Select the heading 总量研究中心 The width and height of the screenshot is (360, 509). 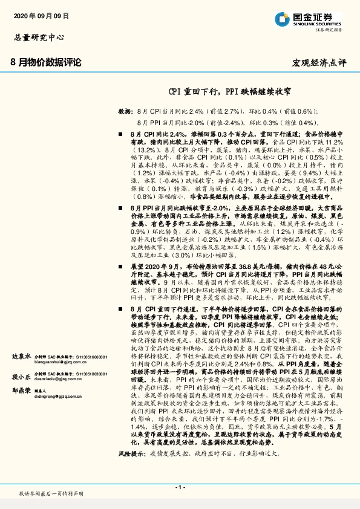point(39,37)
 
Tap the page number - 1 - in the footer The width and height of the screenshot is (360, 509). point(180,487)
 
